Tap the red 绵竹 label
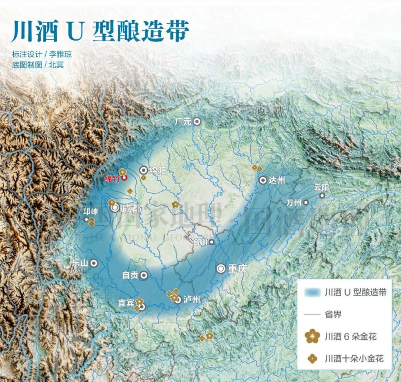point(112,178)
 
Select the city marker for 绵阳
point(144,170)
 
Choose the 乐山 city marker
point(94,263)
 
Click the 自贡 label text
point(129,275)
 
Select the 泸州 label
point(192,300)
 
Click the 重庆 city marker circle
point(221,269)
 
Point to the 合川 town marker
point(212,241)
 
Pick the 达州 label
point(277,180)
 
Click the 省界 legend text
point(333,314)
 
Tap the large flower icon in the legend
point(312,336)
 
